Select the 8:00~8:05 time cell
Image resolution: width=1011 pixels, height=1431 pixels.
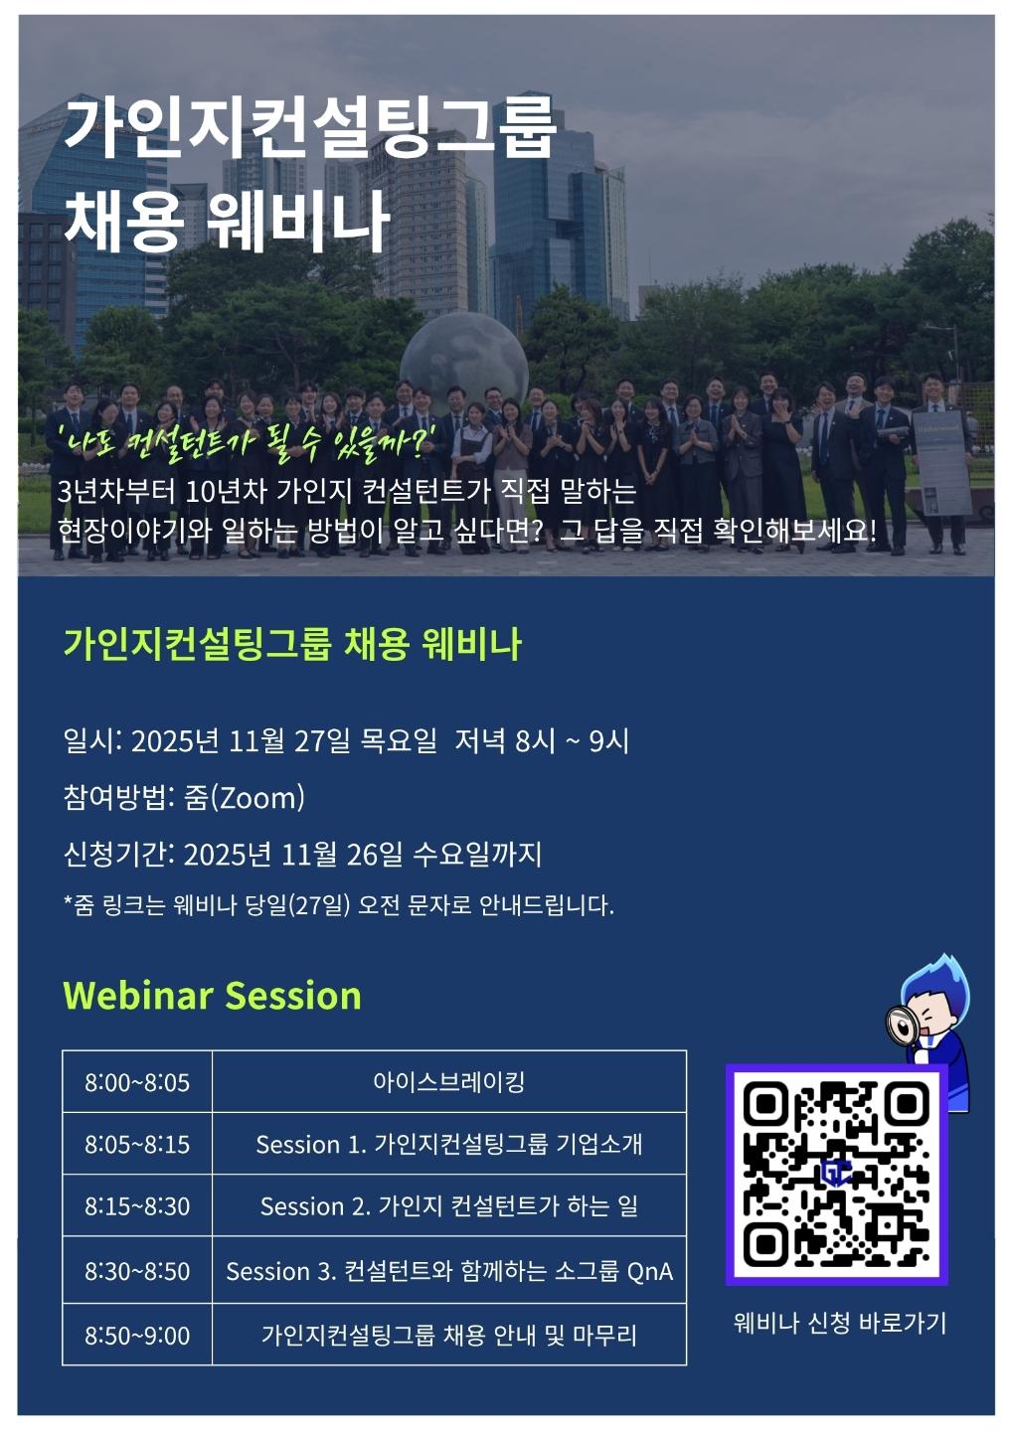(x=137, y=1082)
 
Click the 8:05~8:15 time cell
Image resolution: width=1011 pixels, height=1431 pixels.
(x=137, y=1144)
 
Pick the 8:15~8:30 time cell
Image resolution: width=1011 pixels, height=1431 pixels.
(x=137, y=1206)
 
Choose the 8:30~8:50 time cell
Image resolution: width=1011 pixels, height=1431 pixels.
(x=137, y=1271)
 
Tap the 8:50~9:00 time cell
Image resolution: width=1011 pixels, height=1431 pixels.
(x=137, y=1336)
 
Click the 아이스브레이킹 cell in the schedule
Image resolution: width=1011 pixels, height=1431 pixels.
(x=448, y=1082)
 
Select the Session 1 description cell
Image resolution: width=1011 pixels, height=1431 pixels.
(x=448, y=1144)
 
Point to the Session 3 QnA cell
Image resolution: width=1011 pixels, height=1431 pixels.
(x=448, y=1271)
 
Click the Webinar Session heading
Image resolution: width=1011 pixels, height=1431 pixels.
(x=212, y=996)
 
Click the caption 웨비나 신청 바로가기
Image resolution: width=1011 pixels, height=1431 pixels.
(x=839, y=1323)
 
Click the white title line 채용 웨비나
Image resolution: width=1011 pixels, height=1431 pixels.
(x=227, y=220)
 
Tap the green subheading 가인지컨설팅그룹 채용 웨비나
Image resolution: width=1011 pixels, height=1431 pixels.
(x=292, y=644)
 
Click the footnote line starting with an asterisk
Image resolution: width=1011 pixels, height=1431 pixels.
(x=339, y=905)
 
